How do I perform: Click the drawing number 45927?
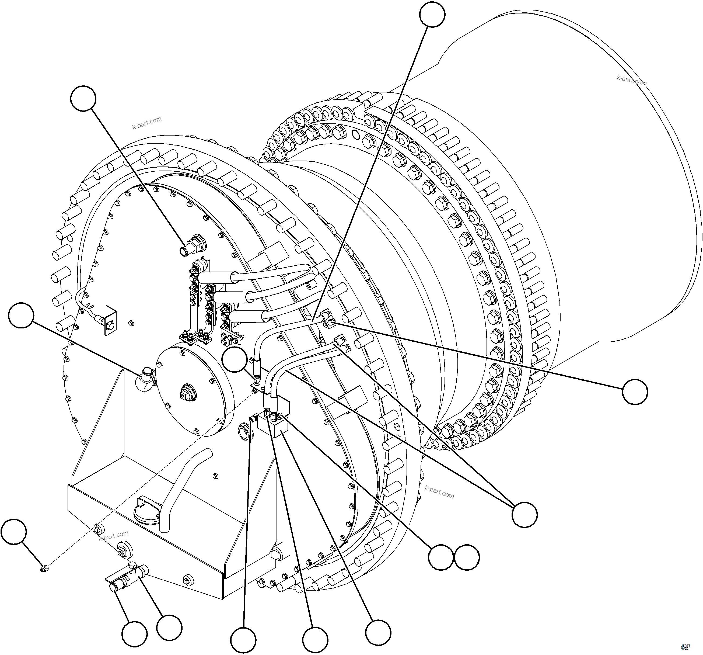[x=685, y=647]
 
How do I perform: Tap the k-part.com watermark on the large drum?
[x=632, y=80]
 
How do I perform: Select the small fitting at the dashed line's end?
[x=44, y=569]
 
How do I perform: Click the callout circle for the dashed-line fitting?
[x=14, y=532]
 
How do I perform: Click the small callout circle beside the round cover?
[x=235, y=359]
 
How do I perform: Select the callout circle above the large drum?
[x=432, y=14]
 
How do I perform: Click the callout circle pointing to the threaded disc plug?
[x=83, y=98]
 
